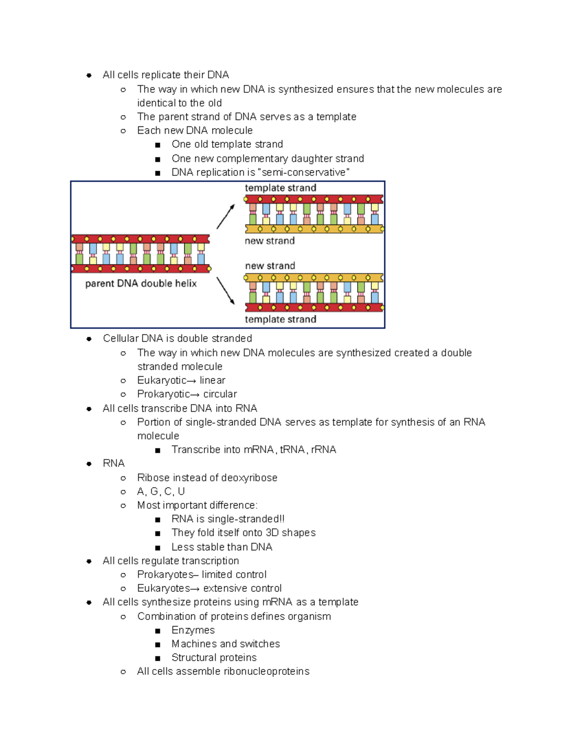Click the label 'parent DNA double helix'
pos(141,283)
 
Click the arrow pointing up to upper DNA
pos(226,216)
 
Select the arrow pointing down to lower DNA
pos(225,291)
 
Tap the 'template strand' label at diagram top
pos(280,188)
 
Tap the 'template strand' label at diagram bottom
pos(280,319)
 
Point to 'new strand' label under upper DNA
pos(270,241)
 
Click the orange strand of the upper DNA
pos(314,229)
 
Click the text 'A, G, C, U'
pos(161,492)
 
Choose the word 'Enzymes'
pos(193,630)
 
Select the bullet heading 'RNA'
pos(113,463)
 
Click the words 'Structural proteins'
pos(214,658)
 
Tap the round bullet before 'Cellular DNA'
pos(89,339)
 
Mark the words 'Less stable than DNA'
pos(221,547)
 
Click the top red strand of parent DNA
pos(140,239)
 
